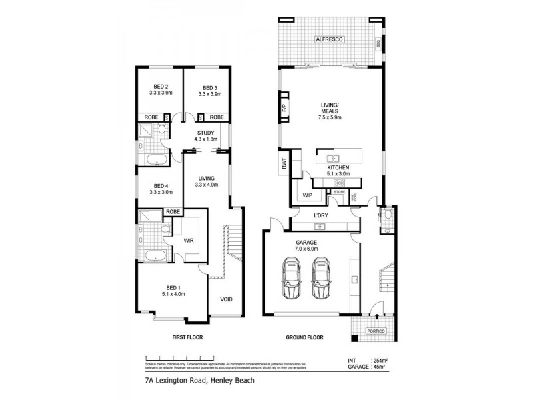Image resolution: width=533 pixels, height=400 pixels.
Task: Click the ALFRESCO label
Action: (x=330, y=41)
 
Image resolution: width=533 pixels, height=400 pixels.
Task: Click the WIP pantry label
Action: (x=308, y=196)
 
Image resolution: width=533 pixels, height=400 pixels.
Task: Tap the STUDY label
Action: (x=204, y=133)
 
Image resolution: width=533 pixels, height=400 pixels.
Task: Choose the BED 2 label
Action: (x=161, y=87)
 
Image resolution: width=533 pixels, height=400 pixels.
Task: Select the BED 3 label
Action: (x=209, y=87)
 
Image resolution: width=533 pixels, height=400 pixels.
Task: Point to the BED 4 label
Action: (x=161, y=186)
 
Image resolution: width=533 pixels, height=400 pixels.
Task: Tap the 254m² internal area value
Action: (x=382, y=359)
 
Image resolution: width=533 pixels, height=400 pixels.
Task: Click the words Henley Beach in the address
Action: (x=226, y=381)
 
